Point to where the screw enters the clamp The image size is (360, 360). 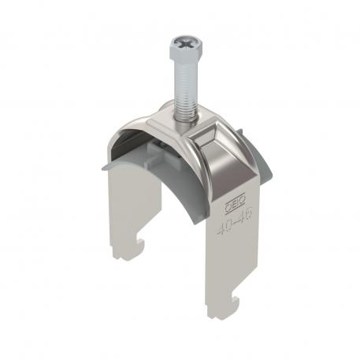[186, 118]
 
